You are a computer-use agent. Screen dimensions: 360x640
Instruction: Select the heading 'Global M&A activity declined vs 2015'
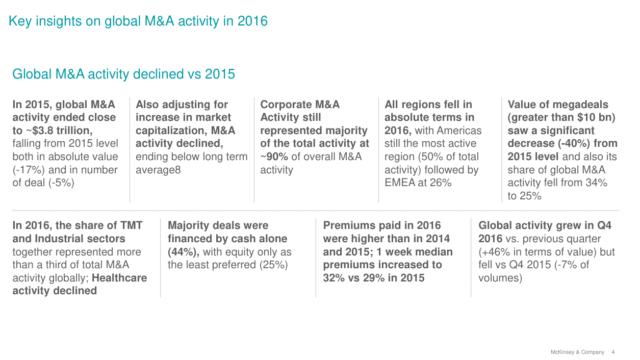pos(123,74)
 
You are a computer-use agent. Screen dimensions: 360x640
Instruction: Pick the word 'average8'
pos(158,170)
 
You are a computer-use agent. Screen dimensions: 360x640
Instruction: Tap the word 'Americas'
pos(459,131)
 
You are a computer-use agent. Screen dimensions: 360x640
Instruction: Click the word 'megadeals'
pos(579,105)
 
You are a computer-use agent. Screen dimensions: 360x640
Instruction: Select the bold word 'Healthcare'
pos(119,278)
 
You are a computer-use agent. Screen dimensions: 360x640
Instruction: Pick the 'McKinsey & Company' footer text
pos(577,352)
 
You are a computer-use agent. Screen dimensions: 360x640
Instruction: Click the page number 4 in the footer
pos(613,352)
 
